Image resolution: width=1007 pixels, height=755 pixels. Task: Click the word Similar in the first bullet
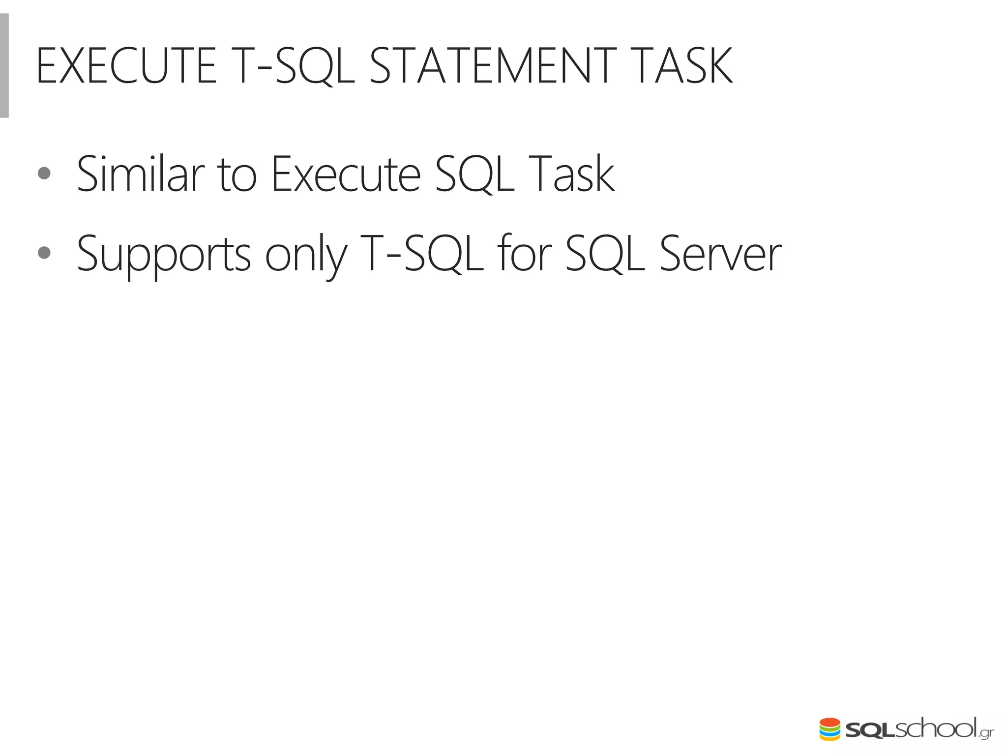click(x=141, y=174)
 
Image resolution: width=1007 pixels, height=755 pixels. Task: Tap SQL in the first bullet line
click(x=474, y=174)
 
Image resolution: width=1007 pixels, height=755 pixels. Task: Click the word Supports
click(x=164, y=255)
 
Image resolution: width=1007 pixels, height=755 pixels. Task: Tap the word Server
click(x=720, y=255)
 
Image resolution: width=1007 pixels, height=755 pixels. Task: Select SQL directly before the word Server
click(x=605, y=255)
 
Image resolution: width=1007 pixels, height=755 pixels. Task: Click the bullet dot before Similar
click(x=44, y=173)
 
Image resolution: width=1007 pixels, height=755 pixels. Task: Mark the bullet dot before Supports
click(x=44, y=253)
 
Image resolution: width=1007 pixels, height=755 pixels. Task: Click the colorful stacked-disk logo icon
click(x=829, y=729)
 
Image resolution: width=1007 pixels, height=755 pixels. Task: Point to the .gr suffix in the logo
click(x=985, y=733)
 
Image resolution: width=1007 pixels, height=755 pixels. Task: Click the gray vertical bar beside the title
click(x=4, y=65)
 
